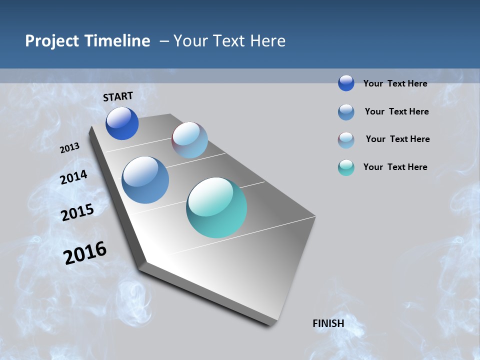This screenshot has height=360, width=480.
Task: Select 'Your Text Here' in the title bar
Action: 229,41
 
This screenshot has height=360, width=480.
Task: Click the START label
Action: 118,96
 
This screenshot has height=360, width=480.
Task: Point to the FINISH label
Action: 328,323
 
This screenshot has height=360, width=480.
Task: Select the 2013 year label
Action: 70,148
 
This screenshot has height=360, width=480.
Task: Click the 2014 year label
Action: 74,177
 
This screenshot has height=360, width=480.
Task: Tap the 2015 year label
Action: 77,212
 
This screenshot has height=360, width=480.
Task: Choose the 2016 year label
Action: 85,253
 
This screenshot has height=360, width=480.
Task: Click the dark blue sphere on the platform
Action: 122,123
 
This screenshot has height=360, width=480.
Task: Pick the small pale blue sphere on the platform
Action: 189,140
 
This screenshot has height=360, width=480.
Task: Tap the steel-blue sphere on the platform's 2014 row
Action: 145,180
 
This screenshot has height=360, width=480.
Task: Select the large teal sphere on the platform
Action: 216,207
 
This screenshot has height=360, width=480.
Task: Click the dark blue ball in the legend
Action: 346,83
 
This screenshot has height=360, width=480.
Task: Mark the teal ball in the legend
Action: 346,167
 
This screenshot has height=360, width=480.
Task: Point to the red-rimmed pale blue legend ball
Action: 346,140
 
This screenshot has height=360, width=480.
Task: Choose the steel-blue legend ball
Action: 346,112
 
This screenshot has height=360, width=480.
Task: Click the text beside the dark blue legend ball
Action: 395,83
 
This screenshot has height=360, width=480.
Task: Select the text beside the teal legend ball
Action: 395,167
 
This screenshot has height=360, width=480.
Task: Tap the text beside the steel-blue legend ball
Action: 396,111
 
